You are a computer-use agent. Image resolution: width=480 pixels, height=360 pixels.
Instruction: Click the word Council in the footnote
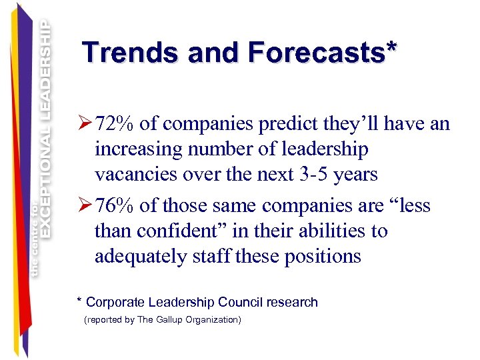237,302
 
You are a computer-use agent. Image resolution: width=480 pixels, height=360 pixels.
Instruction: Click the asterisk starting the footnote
80,300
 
